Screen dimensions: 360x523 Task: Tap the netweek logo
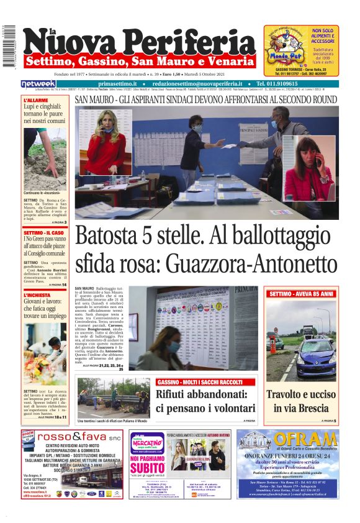38,84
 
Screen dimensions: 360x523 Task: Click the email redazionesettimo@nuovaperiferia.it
198,84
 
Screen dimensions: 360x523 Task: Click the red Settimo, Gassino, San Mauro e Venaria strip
140,61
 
